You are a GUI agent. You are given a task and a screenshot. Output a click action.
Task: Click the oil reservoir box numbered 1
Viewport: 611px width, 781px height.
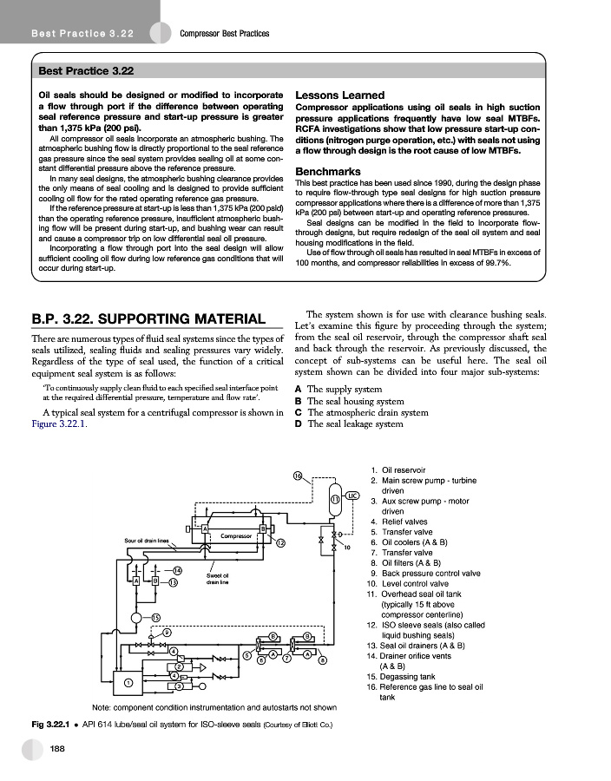click(128, 682)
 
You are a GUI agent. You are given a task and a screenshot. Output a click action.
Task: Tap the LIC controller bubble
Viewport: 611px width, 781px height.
click(353, 496)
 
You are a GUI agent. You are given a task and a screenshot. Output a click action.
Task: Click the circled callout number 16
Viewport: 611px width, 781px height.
click(297, 476)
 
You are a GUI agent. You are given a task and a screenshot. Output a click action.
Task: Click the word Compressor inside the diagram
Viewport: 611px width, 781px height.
click(236, 535)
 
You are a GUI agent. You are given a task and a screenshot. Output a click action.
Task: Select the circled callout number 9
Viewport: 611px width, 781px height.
click(166, 633)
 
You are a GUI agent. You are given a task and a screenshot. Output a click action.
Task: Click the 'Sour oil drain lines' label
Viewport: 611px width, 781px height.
click(145, 541)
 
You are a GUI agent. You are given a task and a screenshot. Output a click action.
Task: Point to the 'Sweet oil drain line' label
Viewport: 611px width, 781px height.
click(217, 578)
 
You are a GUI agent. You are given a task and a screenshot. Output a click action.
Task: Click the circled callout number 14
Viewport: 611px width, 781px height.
click(176, 570)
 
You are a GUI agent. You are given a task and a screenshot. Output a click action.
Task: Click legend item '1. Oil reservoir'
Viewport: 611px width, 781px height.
click(405, 470)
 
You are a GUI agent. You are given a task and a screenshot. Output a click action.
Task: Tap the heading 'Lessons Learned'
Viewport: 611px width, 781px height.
click(340, 95)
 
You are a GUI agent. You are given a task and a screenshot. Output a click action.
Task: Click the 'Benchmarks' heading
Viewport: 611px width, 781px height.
click(326, 171)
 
